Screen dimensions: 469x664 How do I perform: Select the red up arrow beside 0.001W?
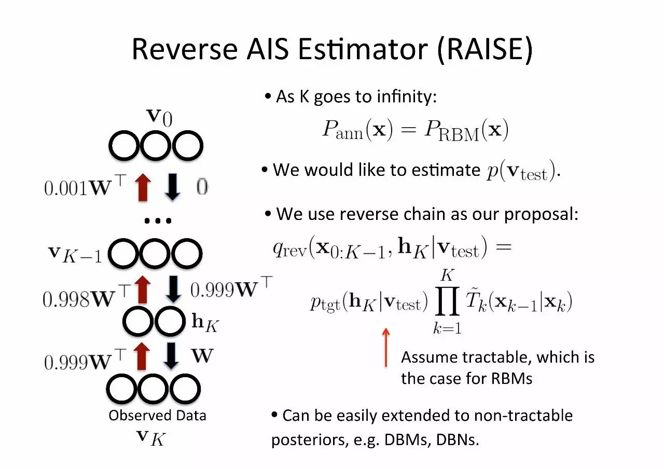click(x=143, y=187)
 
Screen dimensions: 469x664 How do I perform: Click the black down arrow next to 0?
click(x=173, y=187)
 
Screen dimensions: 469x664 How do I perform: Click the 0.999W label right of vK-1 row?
click(x=231, y=289)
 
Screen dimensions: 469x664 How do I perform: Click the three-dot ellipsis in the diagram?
click(x=158, y=221)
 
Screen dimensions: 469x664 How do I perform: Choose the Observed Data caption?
click(x=157, y=416)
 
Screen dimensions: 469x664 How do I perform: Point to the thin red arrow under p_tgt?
click(x=385, y=347)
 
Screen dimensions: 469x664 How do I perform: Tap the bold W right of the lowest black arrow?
click(x=202, y=356)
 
